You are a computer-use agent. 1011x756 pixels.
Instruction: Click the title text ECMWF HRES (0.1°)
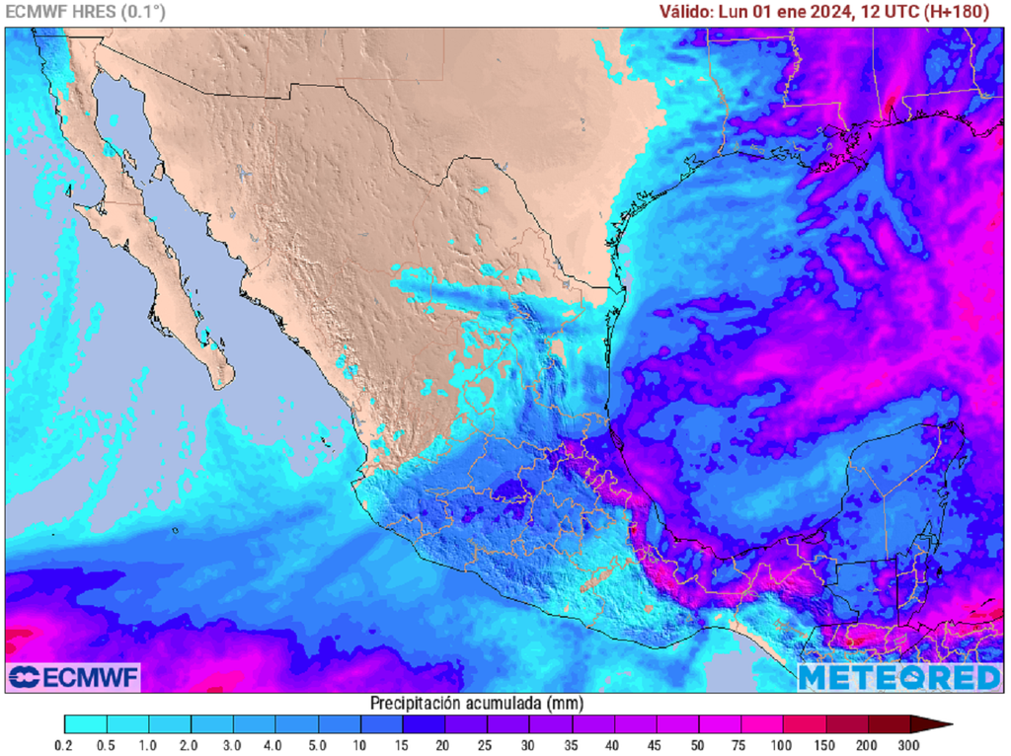click(x=86, y=12)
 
